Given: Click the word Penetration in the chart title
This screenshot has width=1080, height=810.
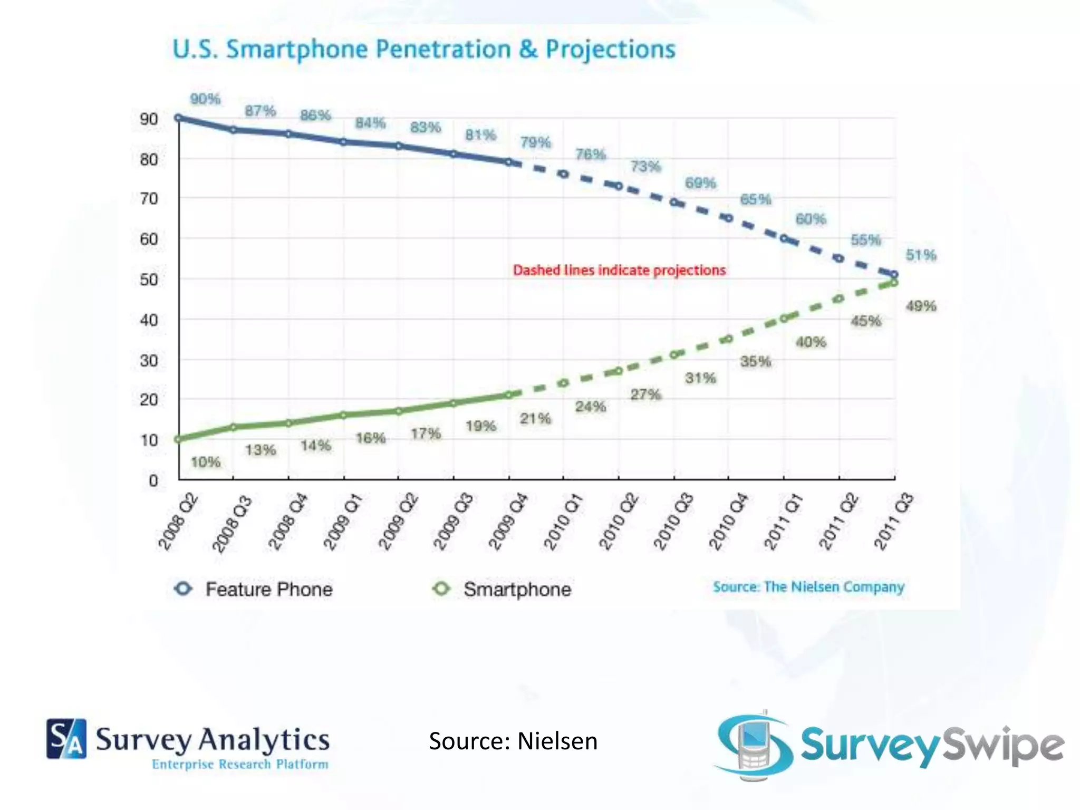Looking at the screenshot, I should (443, 50).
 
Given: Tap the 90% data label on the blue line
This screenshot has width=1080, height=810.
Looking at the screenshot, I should (205, 99).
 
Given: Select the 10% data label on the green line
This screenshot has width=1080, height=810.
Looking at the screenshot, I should (205, 462).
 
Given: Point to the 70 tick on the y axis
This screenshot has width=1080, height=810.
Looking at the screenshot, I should (149, 199).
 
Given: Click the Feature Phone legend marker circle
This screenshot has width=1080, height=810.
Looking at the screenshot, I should (184, 588).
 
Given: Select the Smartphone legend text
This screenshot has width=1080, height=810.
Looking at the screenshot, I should (517, 589).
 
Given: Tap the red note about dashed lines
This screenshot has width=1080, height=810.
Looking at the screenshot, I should (619, 270).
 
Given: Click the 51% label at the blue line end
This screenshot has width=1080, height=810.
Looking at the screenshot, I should (921, 255).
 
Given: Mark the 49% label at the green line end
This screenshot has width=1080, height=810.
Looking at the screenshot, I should (921, 306).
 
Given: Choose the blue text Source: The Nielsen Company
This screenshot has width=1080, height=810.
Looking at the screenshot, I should (808, 587).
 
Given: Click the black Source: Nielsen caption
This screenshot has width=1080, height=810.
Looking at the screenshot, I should (513, 741).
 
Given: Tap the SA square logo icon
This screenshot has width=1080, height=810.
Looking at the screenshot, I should (66, 738).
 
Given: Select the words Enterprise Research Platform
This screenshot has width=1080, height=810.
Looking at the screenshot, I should (240, 764).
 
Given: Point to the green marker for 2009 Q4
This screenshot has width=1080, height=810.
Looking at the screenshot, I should (508, 394).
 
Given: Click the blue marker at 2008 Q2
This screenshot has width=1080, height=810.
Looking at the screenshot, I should (179, 118).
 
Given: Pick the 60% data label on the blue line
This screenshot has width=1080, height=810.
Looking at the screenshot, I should (811, 219).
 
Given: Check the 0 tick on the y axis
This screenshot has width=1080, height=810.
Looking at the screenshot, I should (153, 480).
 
